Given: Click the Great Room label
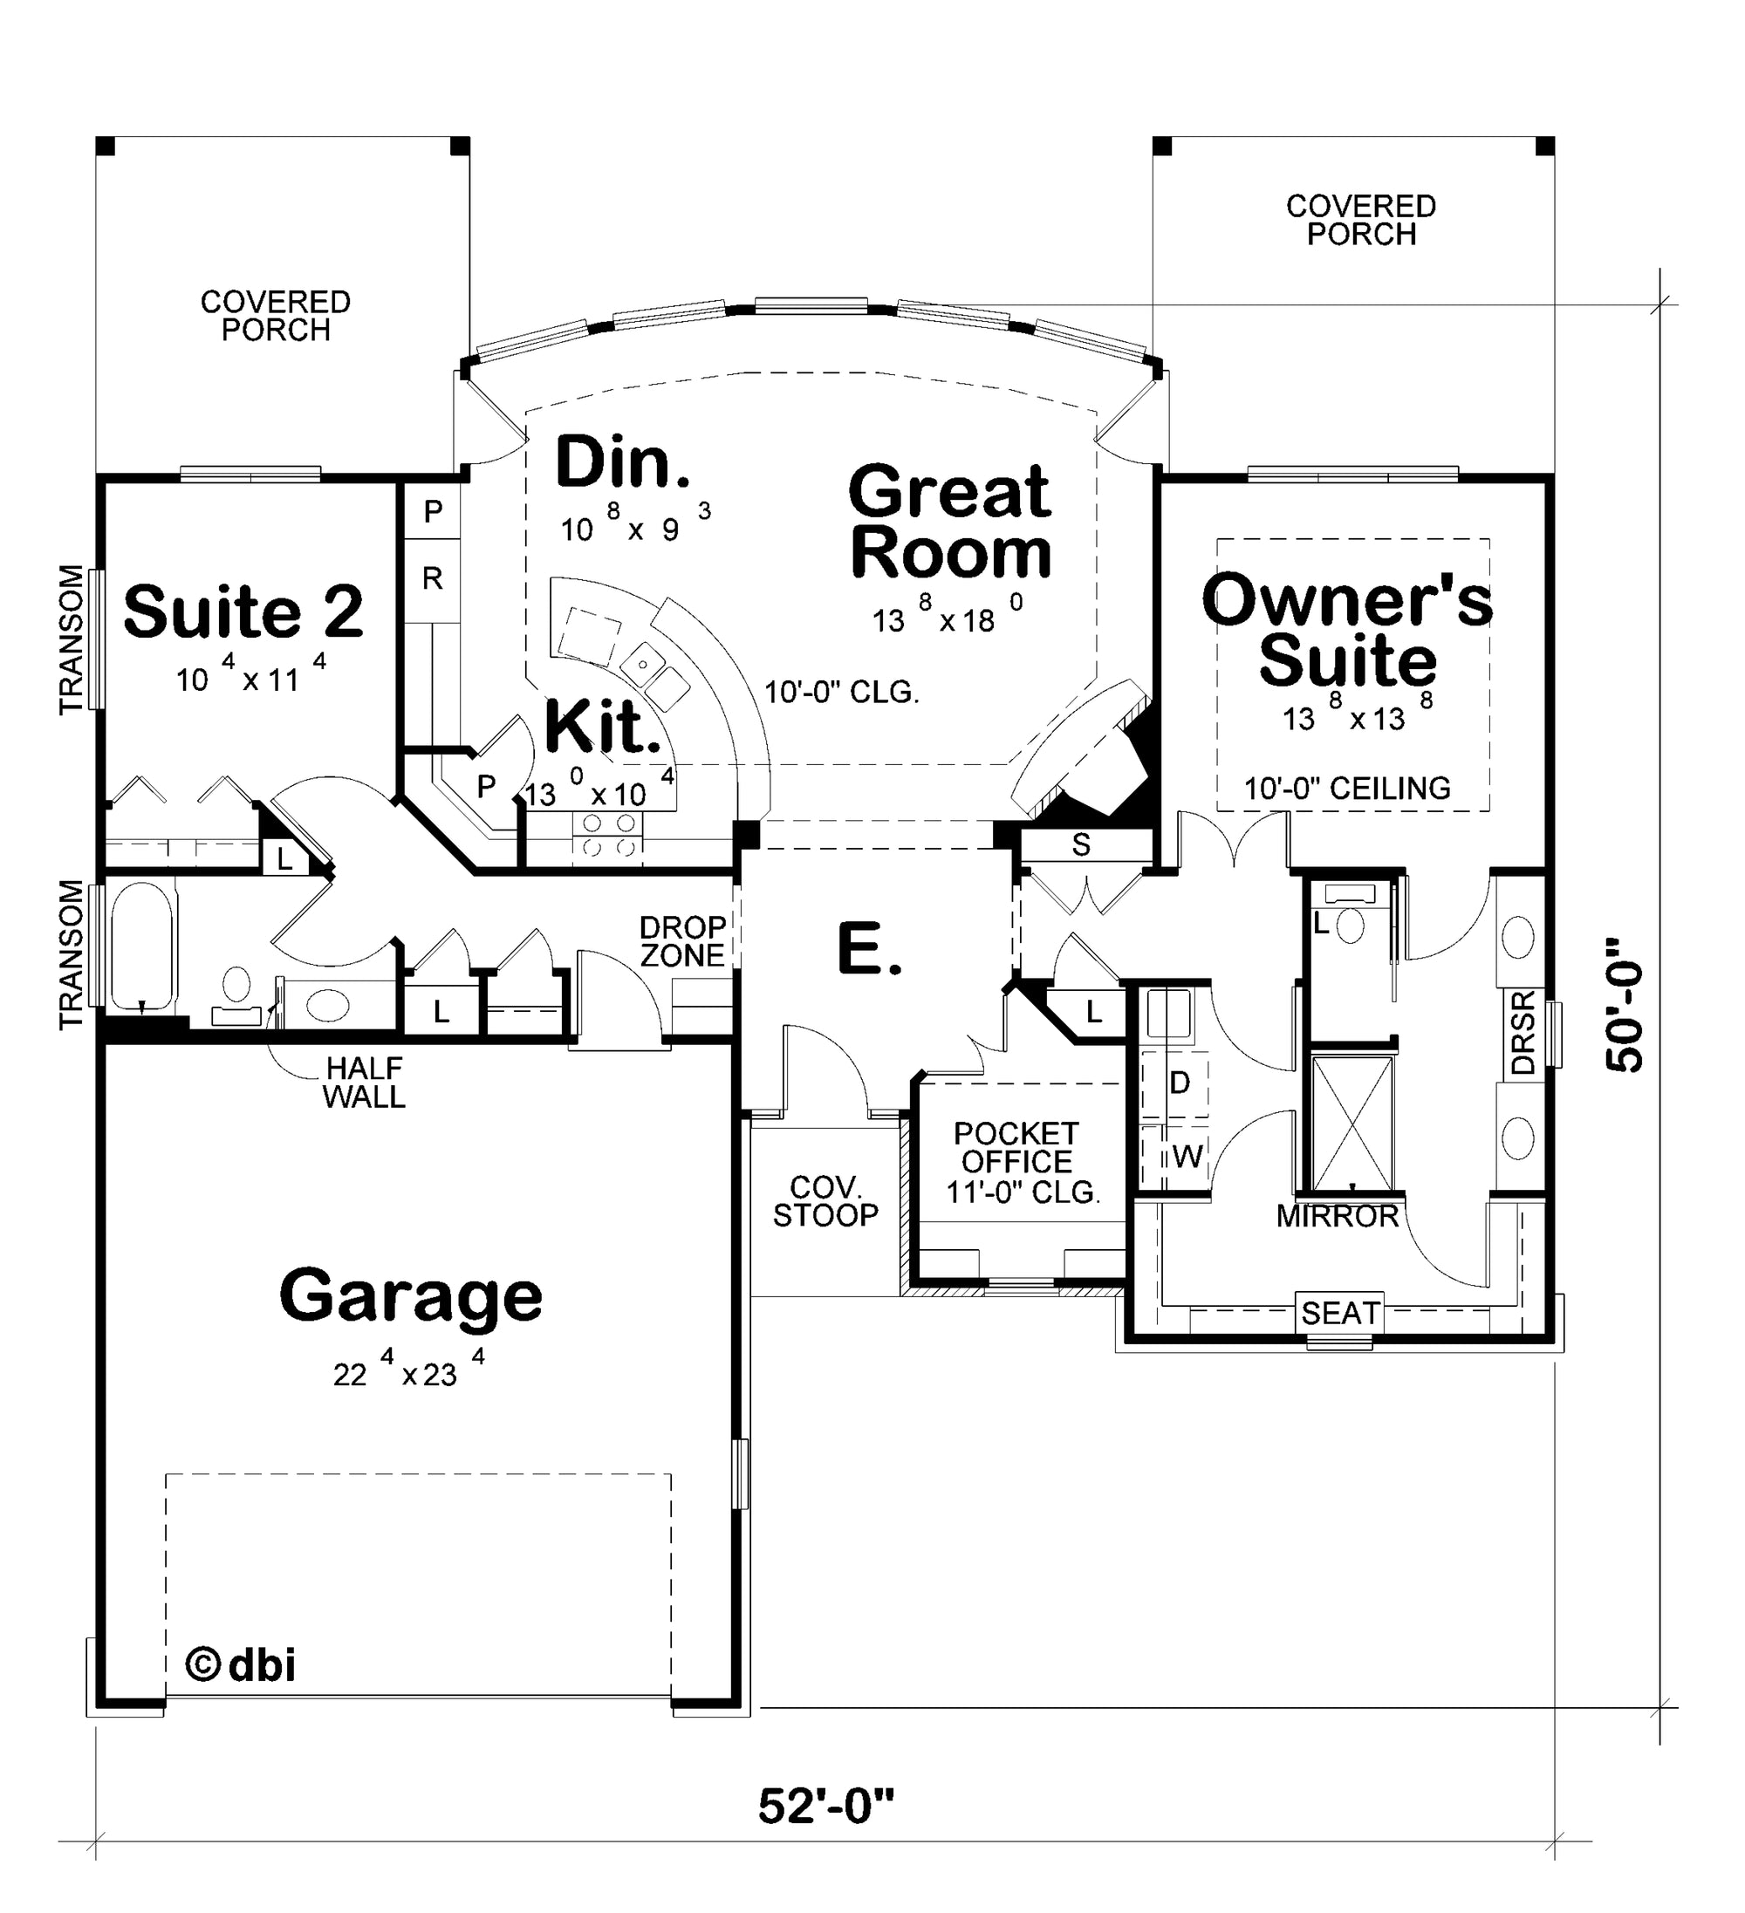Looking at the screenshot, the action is point(951,520).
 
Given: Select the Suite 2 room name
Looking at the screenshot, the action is point(243,611).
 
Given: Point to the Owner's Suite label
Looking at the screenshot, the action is point(1347,629).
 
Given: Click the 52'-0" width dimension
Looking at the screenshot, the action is point(826,1807).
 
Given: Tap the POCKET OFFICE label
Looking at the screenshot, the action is point(1016,1147).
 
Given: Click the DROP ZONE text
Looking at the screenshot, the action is point(682,941).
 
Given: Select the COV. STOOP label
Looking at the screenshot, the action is point(825,1201).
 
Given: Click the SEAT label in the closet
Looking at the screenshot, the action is point(1340,1314).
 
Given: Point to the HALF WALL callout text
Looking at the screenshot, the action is point(365,1083).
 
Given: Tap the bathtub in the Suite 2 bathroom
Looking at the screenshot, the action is point(142,946).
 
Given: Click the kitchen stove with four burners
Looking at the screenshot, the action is point(607,834).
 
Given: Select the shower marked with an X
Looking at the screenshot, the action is point(1352,1121).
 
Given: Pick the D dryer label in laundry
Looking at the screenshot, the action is point(1180,1083).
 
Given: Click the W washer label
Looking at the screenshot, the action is point(1187,1157).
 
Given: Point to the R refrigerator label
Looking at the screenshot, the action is point(433,577).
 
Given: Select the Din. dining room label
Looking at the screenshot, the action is point(624,462).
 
